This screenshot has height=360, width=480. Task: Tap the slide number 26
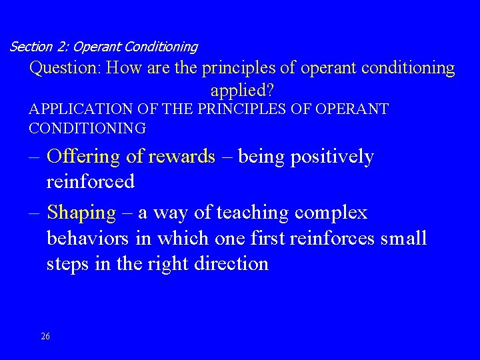pos(45,336)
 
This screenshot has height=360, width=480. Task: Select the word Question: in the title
pos(65,68)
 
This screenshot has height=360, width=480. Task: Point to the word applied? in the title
pos(242,89)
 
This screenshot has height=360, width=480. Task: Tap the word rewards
pos(183,157)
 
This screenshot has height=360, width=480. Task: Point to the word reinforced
pos(91,181)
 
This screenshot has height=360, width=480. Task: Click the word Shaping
pos(82,213)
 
